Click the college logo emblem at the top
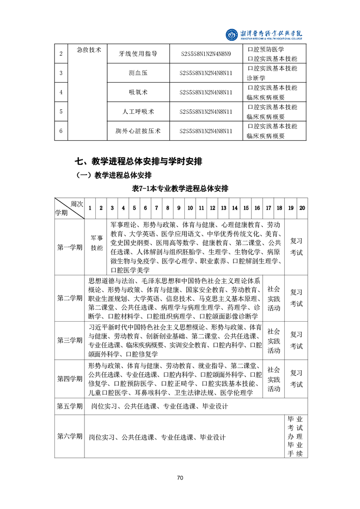point(232,34)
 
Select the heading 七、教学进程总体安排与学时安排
point(138,161)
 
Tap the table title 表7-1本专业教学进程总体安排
point(180,188)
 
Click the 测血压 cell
point(138,73)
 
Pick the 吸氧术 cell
point(138,93)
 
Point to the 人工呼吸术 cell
point(138,112)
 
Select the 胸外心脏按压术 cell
point(138,132)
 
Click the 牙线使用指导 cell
point(138,54)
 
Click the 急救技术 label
point(89,50)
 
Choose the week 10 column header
point(190,208)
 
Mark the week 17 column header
point(268,208)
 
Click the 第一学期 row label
point(69,247)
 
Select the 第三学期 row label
point(69,340)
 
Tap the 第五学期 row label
point(69,406)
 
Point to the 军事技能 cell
point(97,243)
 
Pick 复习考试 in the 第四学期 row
point(296,378)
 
